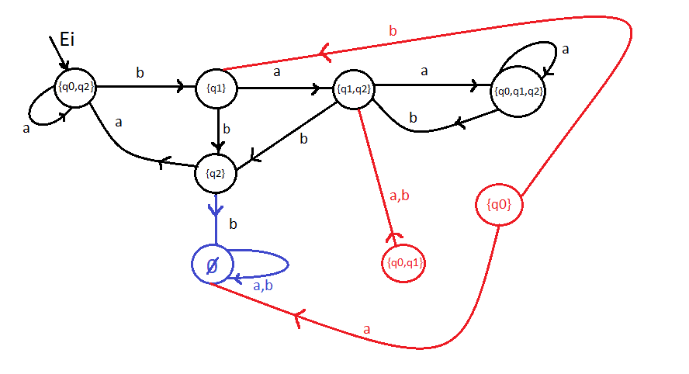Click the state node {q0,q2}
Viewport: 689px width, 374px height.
point(76,87)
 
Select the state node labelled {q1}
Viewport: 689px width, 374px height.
point(216,88)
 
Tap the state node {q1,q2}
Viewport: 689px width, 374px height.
point(353,88)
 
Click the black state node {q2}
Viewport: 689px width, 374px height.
point(216,174)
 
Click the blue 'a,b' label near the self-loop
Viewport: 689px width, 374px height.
point(263,286)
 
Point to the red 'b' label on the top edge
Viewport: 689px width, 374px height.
point(392,32)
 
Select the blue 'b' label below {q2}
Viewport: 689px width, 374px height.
point(233,224)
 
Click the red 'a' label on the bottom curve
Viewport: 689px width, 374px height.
point(366,330)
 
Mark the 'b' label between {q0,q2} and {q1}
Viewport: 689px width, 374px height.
point(140,72)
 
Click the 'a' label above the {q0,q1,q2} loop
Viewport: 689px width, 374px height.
point(566,49)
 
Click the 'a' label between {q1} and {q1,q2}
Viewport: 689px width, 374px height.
point(277,72)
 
